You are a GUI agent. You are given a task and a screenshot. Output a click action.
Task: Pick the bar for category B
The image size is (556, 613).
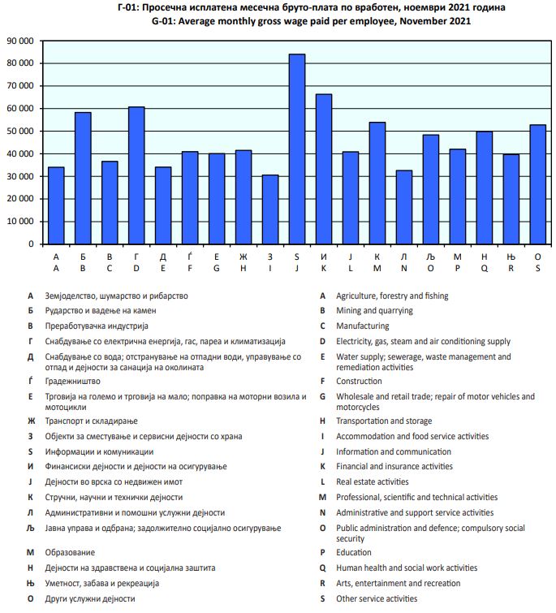[x=83, y=178]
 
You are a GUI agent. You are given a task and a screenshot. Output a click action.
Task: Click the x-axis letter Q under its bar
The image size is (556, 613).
[x=484, y=267]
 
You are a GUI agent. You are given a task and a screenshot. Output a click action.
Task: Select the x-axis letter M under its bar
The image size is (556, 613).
[x=377, y=267]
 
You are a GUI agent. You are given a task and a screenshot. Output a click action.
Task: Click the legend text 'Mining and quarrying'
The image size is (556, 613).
[x=374, y=310]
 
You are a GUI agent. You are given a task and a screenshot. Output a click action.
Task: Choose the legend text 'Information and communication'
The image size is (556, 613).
[x=394, y=451]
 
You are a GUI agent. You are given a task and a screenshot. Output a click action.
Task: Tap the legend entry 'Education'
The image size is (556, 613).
[x=355, y=552]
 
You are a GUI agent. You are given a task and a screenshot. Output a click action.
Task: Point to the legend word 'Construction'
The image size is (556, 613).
[x=360, y=380]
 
